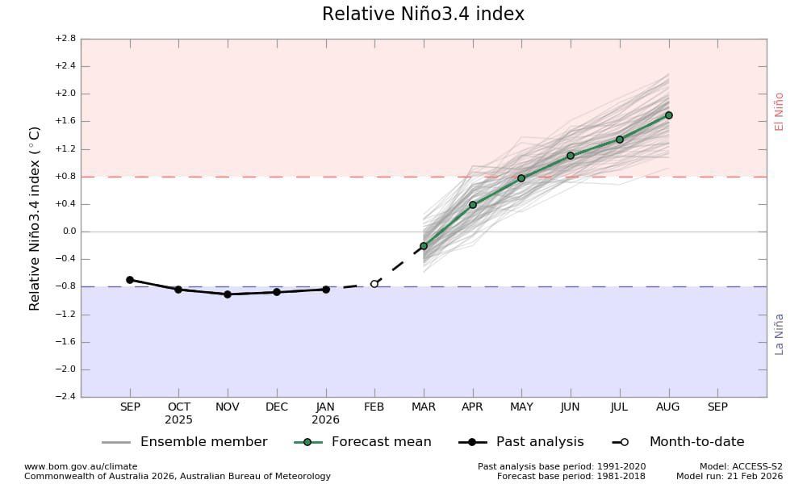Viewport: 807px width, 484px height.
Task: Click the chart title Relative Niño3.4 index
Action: coord(423,15)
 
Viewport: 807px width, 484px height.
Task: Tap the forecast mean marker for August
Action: coord(668,115)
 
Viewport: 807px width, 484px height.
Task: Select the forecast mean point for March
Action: coord(424,246)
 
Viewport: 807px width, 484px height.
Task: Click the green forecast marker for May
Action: coord(521,178)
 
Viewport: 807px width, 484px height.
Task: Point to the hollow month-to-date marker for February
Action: coord(374,284)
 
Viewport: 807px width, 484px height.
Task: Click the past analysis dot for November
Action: coord(228,294)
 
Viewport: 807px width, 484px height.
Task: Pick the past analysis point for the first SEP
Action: coord(130,280)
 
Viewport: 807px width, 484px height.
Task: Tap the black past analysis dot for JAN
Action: coord(326,289)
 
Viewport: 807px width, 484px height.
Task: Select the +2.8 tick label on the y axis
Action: coord(65,39)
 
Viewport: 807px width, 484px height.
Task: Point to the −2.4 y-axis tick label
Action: coord(65,397)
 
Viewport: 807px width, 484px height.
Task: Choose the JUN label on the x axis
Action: coord(571,407)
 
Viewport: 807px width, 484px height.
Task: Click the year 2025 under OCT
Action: coord(179,420)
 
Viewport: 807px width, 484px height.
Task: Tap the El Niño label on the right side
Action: coord(779,111)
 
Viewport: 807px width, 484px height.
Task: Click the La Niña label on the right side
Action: coord(779,333)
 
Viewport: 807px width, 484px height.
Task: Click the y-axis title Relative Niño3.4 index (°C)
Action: coord(35,218)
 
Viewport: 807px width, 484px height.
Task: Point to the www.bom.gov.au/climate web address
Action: coord(81,466)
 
